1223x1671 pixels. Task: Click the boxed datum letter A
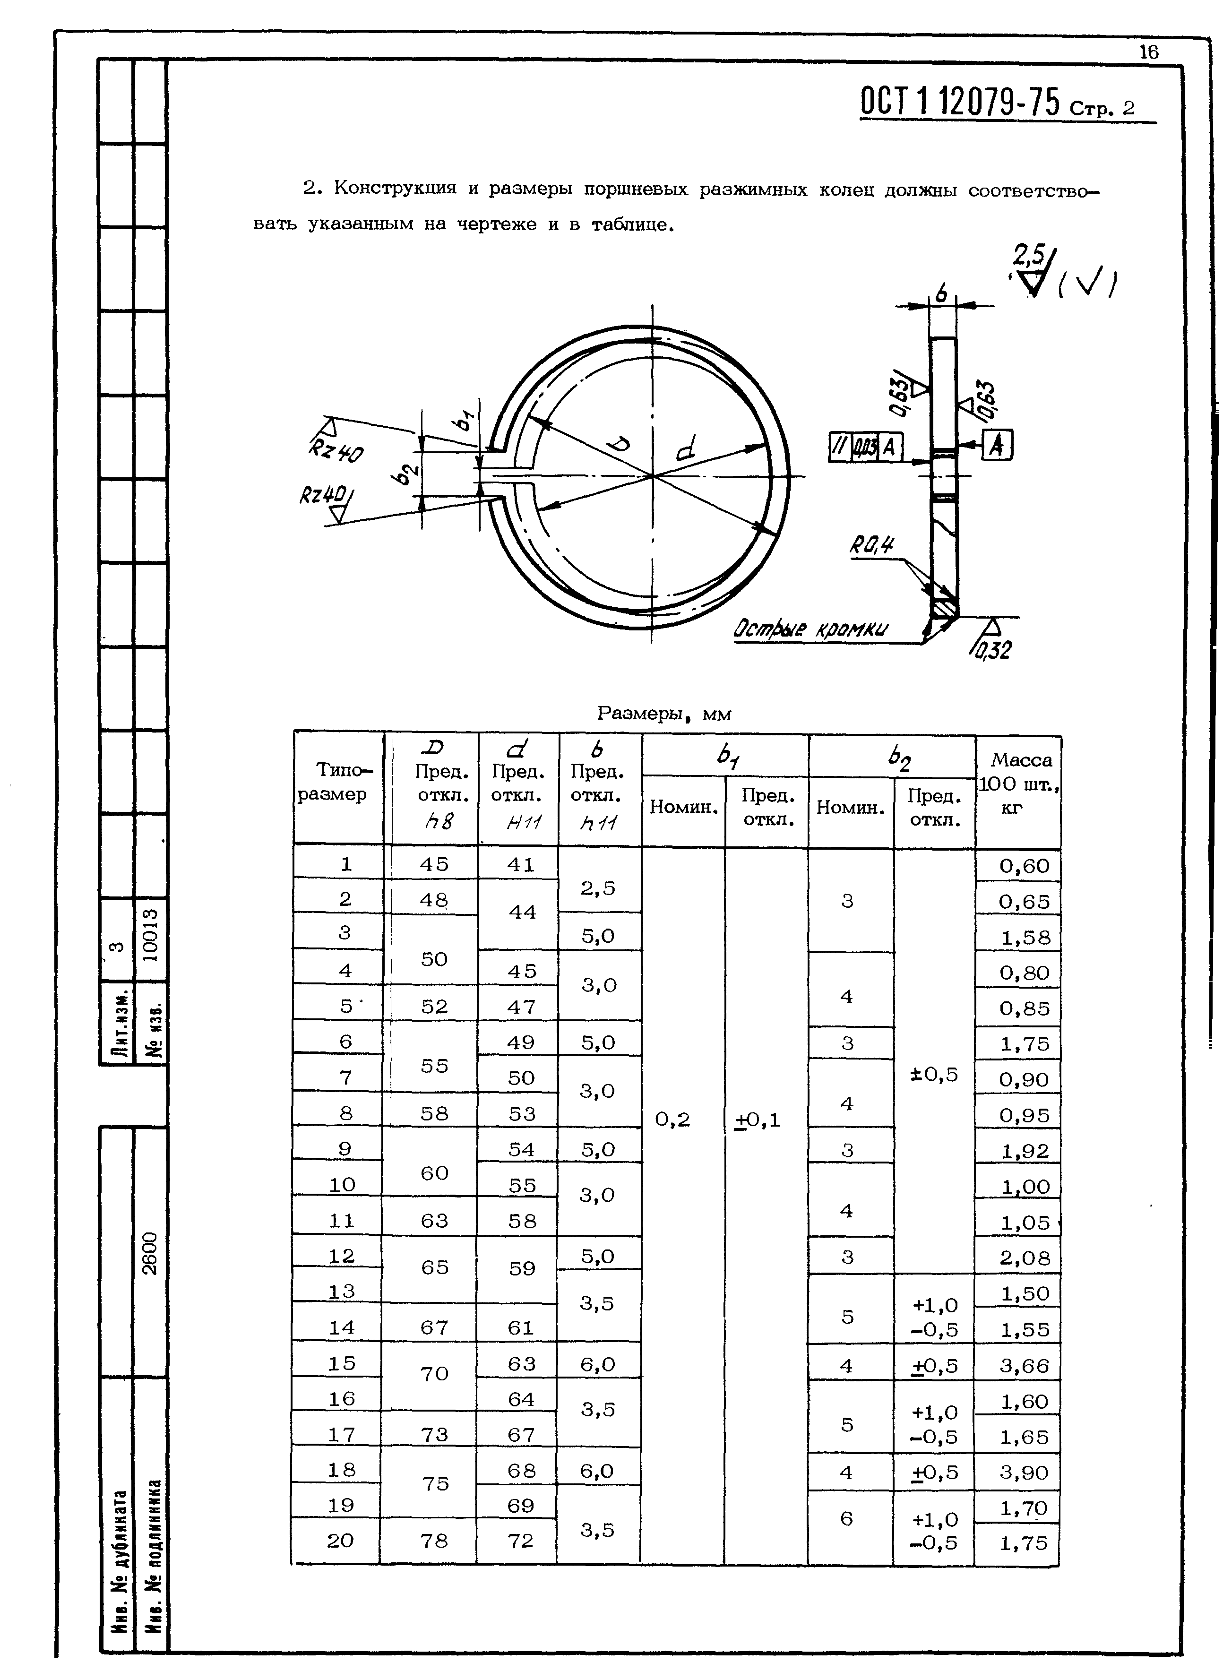click(998, 445)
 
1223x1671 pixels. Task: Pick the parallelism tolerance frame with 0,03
click(865, 447)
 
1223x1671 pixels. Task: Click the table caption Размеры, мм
click(663, 714)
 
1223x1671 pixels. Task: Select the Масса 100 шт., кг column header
click(1019, 784)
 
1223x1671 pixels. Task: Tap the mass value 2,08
click(1025, 1258)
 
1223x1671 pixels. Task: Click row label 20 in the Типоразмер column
click(341, 1541)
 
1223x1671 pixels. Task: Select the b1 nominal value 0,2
click(672, 1120)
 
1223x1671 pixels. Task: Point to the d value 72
click(520, 1541)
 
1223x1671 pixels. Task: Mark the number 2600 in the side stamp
click(150, 1253)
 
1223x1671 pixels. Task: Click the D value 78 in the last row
click(434, 1541)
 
